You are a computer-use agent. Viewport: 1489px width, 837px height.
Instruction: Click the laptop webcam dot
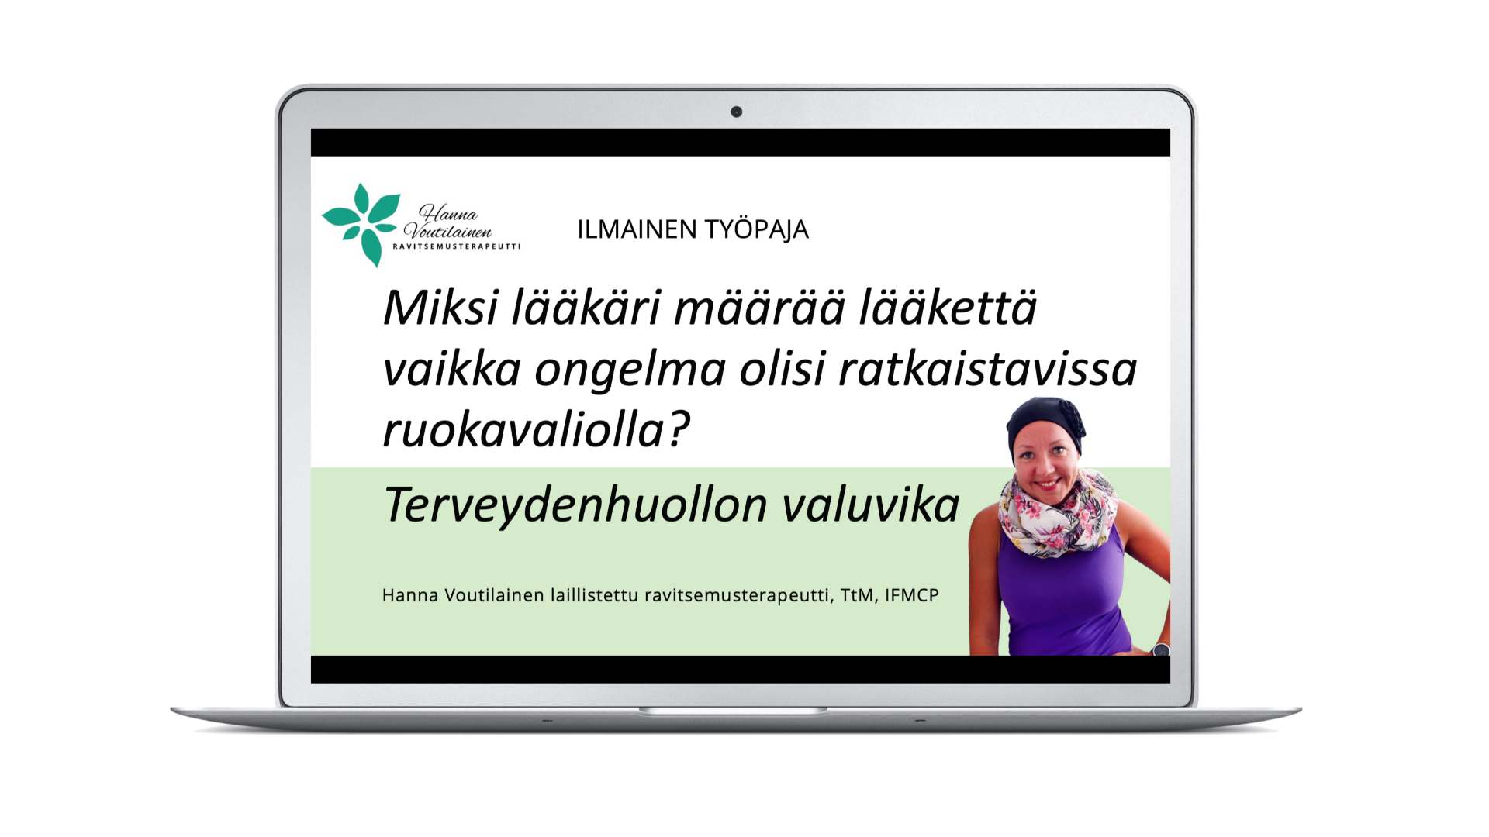click(x=736, y=112)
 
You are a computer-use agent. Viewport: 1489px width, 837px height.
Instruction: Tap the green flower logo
click(x=361, y=225)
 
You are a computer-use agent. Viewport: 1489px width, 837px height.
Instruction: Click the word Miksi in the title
click(x=440, y=307)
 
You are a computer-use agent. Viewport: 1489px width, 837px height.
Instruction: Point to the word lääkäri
click(x=586, y=307)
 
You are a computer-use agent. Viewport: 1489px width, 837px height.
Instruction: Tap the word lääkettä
click(x=948, y=307)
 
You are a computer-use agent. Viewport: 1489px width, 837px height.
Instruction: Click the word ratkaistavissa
click(x=988, y=369)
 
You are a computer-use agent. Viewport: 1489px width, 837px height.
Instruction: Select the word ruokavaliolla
click(x=523, y=430)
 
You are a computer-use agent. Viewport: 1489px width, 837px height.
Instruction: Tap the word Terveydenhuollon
click(x=576, y=506)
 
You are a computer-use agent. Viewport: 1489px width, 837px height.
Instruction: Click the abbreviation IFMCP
click(x=912, y=595)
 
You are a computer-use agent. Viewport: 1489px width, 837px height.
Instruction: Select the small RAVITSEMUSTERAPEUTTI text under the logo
click(x=456, y=246)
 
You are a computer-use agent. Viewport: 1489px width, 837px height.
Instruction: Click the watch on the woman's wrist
click(x=1161, y=649)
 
